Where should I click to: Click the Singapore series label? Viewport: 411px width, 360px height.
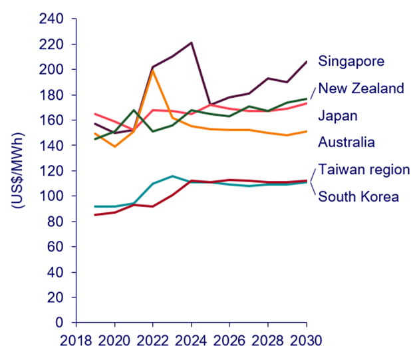[x=352, y=62]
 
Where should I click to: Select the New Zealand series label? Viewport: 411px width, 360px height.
[x=361, y=89]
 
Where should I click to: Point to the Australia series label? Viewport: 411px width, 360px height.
[x=346, y=142]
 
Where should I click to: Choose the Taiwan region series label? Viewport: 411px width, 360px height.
[x=362, y=169]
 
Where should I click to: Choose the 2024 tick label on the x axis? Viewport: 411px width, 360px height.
[x=192, y=341]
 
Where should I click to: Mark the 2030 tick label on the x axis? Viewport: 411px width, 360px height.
[x=307, y=341]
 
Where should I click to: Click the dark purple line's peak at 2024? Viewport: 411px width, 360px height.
[x=192, y=43]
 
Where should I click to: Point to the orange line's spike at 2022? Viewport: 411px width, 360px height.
[x=153, y=70]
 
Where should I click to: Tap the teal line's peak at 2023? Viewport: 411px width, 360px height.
[x=172, y=176]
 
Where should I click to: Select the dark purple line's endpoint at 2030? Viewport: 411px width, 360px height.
[x=307, y=62]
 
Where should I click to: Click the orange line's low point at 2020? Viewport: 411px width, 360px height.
[x=115, y=146]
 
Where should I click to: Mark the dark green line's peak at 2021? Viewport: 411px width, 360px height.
[x=134, y=110]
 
